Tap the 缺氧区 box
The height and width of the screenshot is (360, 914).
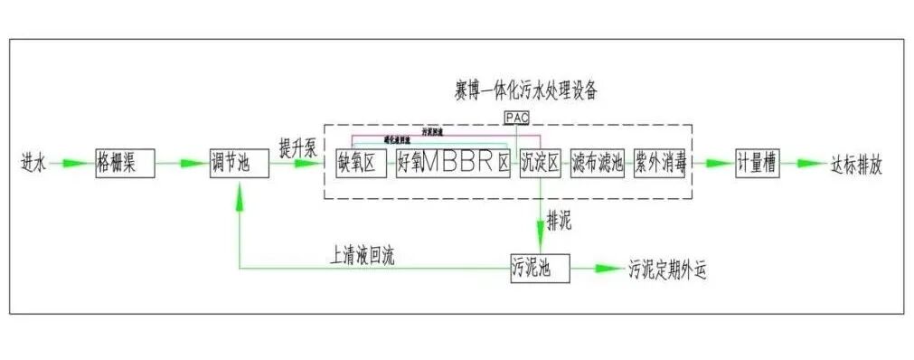pyautogui.click(x=361, y=164)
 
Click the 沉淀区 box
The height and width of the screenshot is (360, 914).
pyautogui.click(x=541, y=164)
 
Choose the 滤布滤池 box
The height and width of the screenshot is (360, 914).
pyautogui.click(x=598, y=164)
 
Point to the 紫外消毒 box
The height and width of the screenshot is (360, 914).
pyautogui.click(x=659, y=164)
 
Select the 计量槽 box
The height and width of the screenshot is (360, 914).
pyautogui.click(x=758, y=164)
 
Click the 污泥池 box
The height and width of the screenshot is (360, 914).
pyautogui.click(x=540, y=268)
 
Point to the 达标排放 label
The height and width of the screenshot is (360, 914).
pyautogui.click(x=855, y=165)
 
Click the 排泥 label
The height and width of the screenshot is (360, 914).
pyautogui.click(x=560, y=220)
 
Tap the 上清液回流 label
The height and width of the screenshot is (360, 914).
pyautogui.click(x=363, y=256)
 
